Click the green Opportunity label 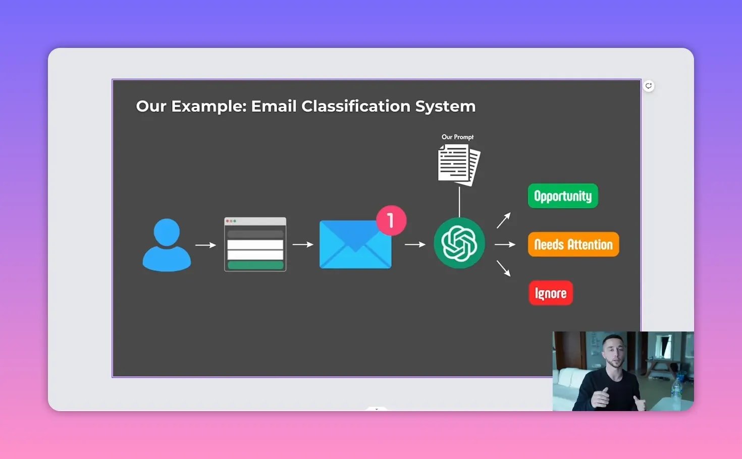pyautogui.click(x=563, y=196)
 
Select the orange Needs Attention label pyautogui.click(x=573, y=244)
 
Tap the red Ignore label pyautogui.click(x=550, y=293)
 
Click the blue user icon pyautogui.click(x=167, y=245)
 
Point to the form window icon pyautogui.click(x=255, y=244)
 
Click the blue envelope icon pyautogui.click(x=355, y=245)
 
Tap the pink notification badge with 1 pyautogui.click(x=391, y=220)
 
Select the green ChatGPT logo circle pyautogui.click(x=459, y=243)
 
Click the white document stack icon pyautogui.click(x=459, y=164)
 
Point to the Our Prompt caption pyautogui.click(x=457, y=137)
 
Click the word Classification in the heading pyautogui.click(x=355, y=106)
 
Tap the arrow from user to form pyautogui.click(x=205, y=245)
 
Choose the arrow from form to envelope pyautogui.click(x=303, y=245)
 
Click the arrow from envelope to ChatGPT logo pyautogui.click(x=415, y=245)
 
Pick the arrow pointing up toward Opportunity pyautogui.click(x=504, y=220)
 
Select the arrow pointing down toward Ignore pyautogui.click(x=504, y=268)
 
